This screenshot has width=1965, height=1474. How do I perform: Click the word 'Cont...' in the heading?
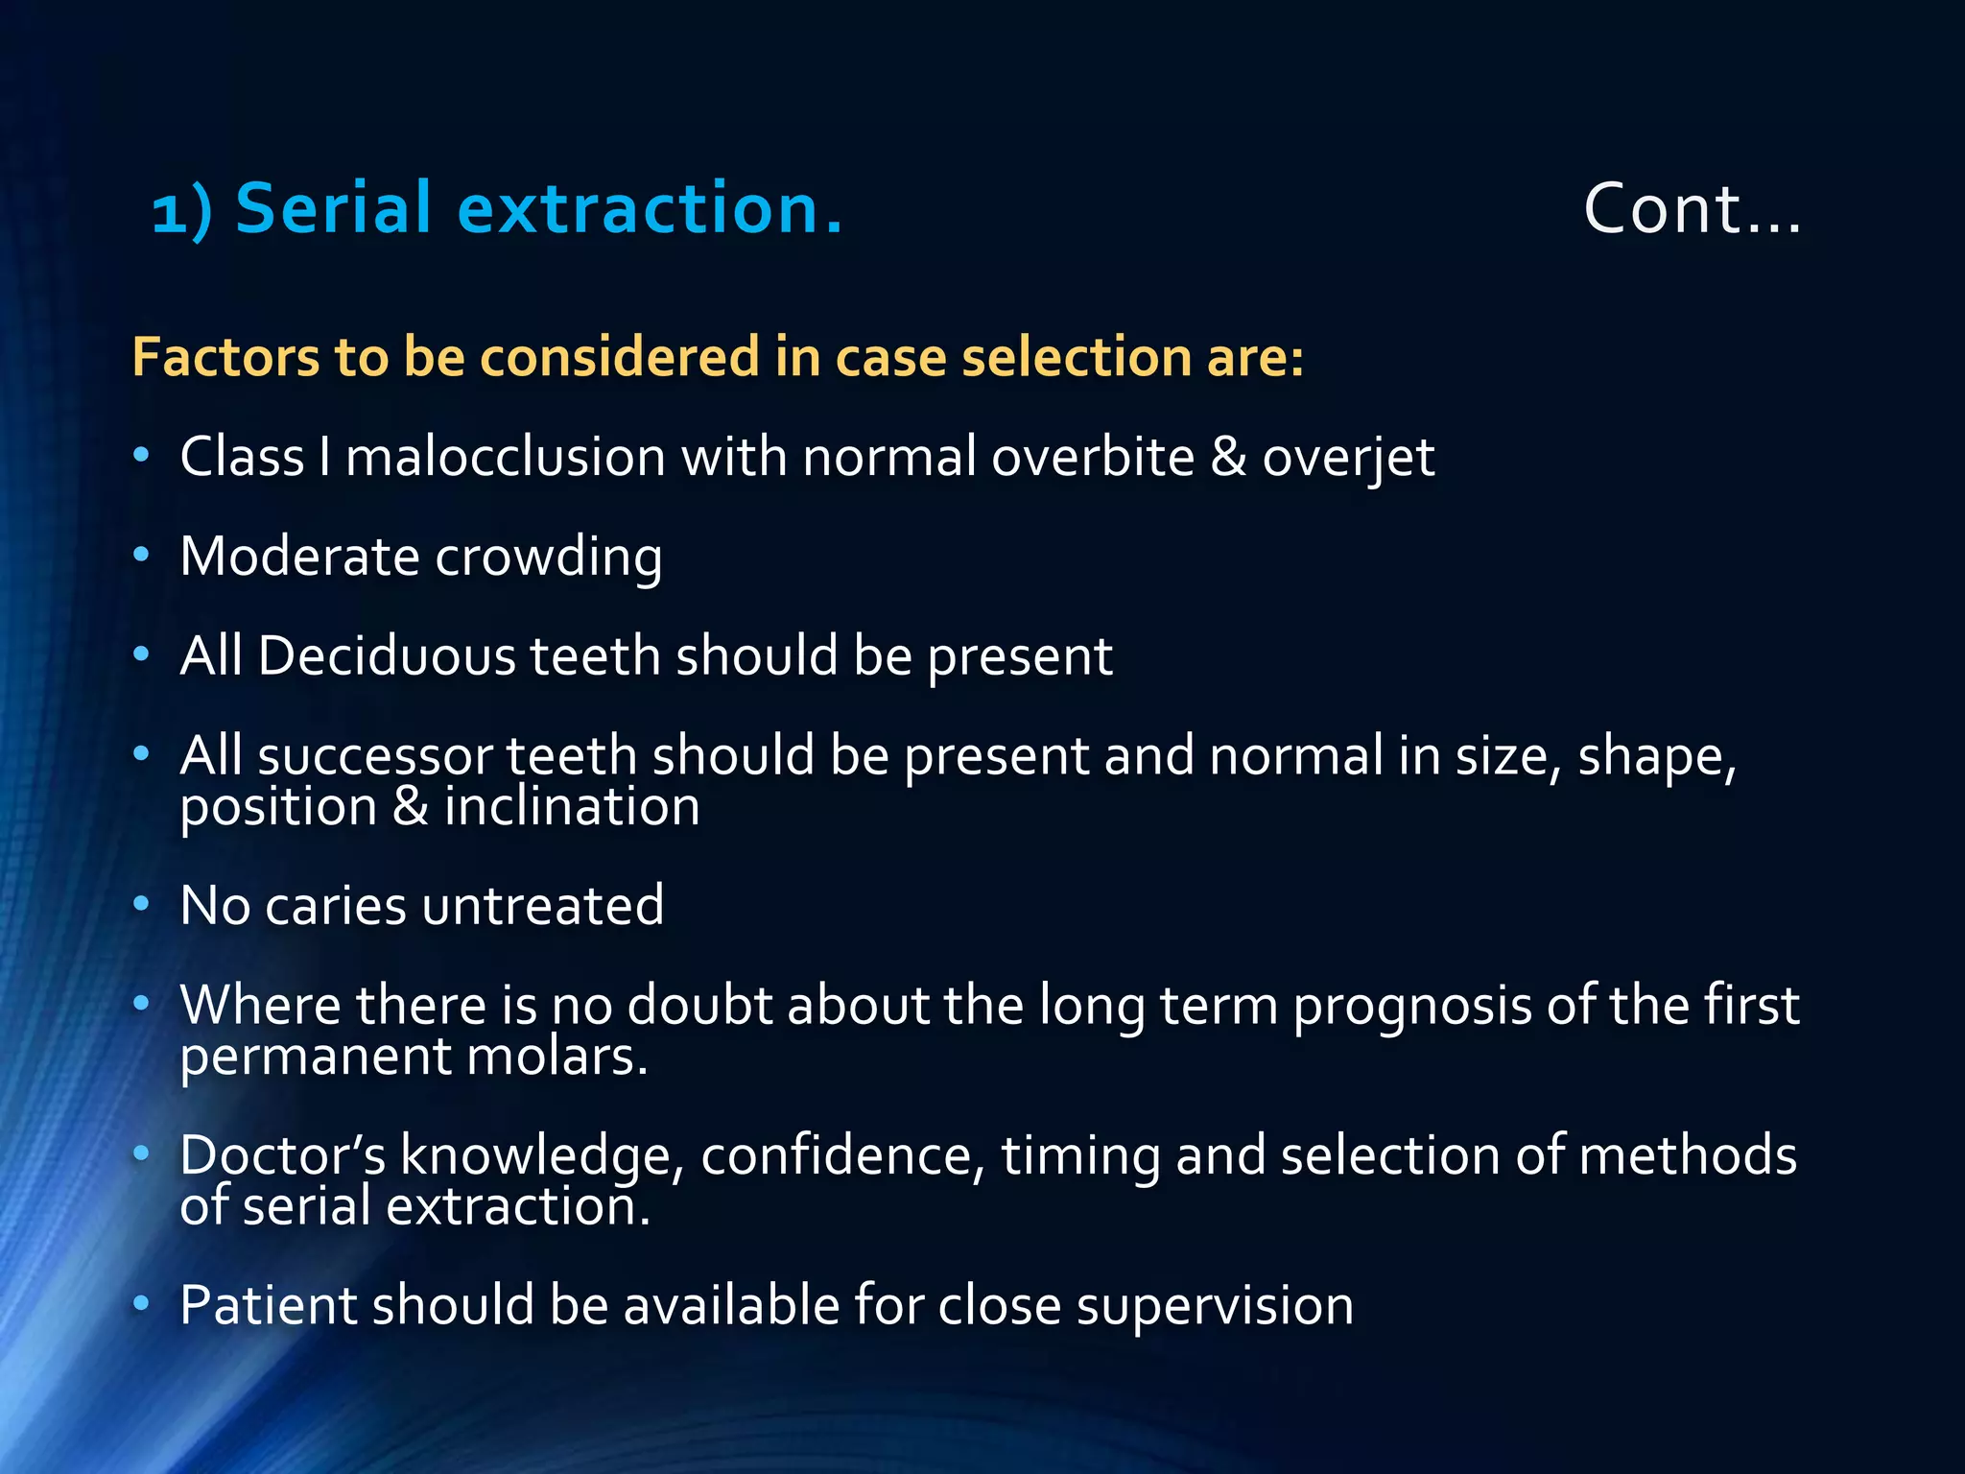pyautogui.click(x=1692, y=209)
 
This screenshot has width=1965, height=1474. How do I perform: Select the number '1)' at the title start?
pyautogui.click(x=181, y=212)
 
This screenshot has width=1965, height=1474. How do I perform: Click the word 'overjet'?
pyautogui.click(x=1347, y=458)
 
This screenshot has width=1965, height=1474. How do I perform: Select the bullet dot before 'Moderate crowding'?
pyautogui.click(x=141, y=554)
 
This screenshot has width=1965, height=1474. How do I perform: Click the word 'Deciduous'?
pyautogui.click(x=387, y=656)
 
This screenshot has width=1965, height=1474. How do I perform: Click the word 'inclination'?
pyautogui.click(x=572, y=806)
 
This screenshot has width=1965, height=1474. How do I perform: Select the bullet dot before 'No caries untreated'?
pyautogui.click(x=141, y=903)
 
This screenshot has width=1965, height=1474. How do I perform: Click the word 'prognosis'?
pyautogui.click(x=1411, y=1008)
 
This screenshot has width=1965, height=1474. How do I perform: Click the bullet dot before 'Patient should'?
pyautogui.click(x=141, y=1303)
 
